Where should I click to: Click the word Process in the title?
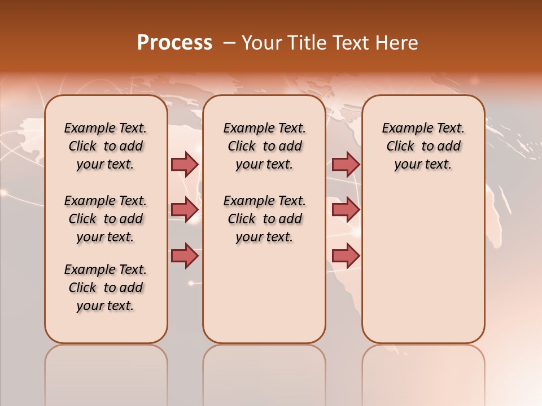174,43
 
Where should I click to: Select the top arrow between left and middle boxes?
185,164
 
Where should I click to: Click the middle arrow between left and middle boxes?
185,210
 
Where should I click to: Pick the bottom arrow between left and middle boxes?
185,255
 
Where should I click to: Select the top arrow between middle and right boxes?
346,164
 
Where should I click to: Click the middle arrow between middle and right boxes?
346,210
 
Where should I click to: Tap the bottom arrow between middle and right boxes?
346,255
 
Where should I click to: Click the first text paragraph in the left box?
106,146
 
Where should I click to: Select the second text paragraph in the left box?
106,219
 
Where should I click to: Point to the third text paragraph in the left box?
106,288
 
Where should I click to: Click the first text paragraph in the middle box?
264,146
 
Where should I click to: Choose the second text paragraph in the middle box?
264,219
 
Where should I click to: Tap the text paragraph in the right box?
423,146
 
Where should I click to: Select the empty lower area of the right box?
423,265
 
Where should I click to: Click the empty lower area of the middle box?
264,293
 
